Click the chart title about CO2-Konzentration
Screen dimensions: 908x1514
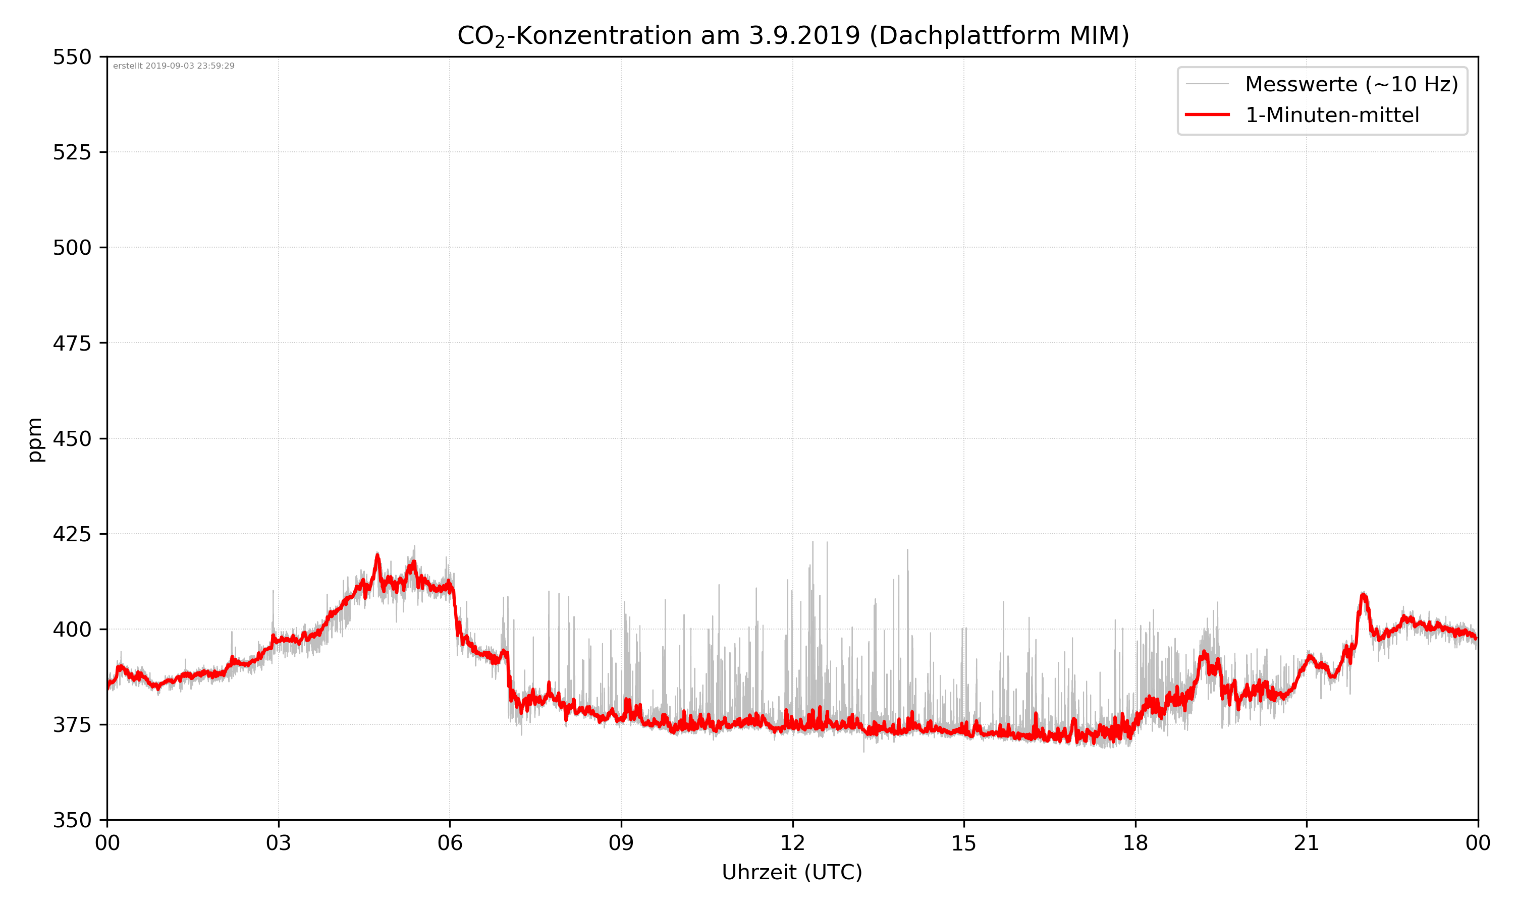tap(792, 35)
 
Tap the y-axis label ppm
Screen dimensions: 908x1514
tap(35, 439)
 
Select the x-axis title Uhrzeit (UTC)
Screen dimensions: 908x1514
tap(792, 872)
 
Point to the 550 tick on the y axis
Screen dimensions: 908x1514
tap(72, 57)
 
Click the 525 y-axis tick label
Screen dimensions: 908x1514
tap(72, 152)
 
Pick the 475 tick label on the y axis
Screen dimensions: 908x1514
tap(72, 343)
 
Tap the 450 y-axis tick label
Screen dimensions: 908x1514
tap(72, 439)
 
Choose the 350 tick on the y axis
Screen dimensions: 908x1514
tap(72, 820)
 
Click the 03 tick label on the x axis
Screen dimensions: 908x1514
tap(279, 843)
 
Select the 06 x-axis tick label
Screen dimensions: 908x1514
tap(450, 843)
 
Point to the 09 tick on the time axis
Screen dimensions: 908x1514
tap(621, 843)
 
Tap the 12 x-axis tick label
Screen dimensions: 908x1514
tap(792, 843)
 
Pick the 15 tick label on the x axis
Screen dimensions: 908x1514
tap(964, 843)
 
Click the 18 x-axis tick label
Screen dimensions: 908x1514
tap(1135, 843)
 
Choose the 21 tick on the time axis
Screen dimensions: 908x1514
tap(1307, 843)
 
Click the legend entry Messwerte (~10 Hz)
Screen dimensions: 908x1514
tap(1351, 84)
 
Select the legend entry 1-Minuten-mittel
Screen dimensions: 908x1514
tap(1332, 115)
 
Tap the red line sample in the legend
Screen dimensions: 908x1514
tap(1207, 115)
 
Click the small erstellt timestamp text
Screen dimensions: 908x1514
tap(174, 66)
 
